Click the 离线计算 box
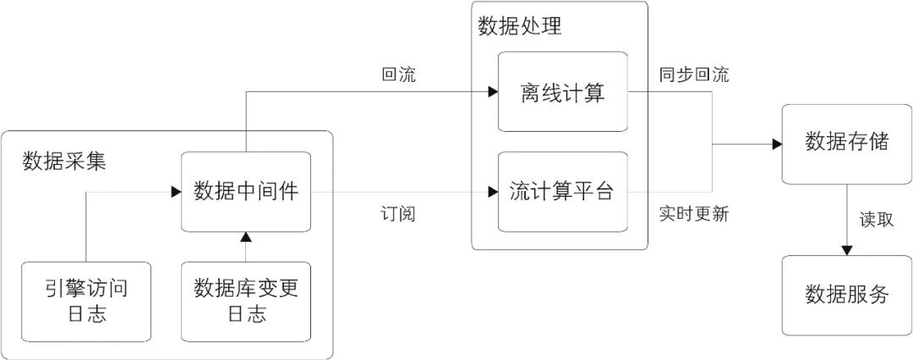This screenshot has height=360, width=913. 562,92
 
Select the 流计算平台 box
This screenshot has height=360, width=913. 562,192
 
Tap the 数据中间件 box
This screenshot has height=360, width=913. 246,192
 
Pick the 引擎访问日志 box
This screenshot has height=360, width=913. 85,302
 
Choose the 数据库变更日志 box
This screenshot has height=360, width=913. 246,302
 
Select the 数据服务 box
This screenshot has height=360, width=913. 846,295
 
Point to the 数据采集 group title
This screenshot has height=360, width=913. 64,161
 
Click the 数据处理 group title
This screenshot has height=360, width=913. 519,26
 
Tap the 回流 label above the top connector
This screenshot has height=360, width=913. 398,74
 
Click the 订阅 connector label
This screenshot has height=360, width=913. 398,214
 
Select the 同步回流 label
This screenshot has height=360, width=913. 694,74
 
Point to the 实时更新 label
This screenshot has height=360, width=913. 694,214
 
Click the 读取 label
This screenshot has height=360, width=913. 877,220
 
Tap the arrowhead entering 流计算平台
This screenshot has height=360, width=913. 493,192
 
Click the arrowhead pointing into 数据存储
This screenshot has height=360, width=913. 777,145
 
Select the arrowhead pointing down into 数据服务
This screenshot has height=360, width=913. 846,250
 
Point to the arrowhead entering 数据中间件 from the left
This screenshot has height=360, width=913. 176,192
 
